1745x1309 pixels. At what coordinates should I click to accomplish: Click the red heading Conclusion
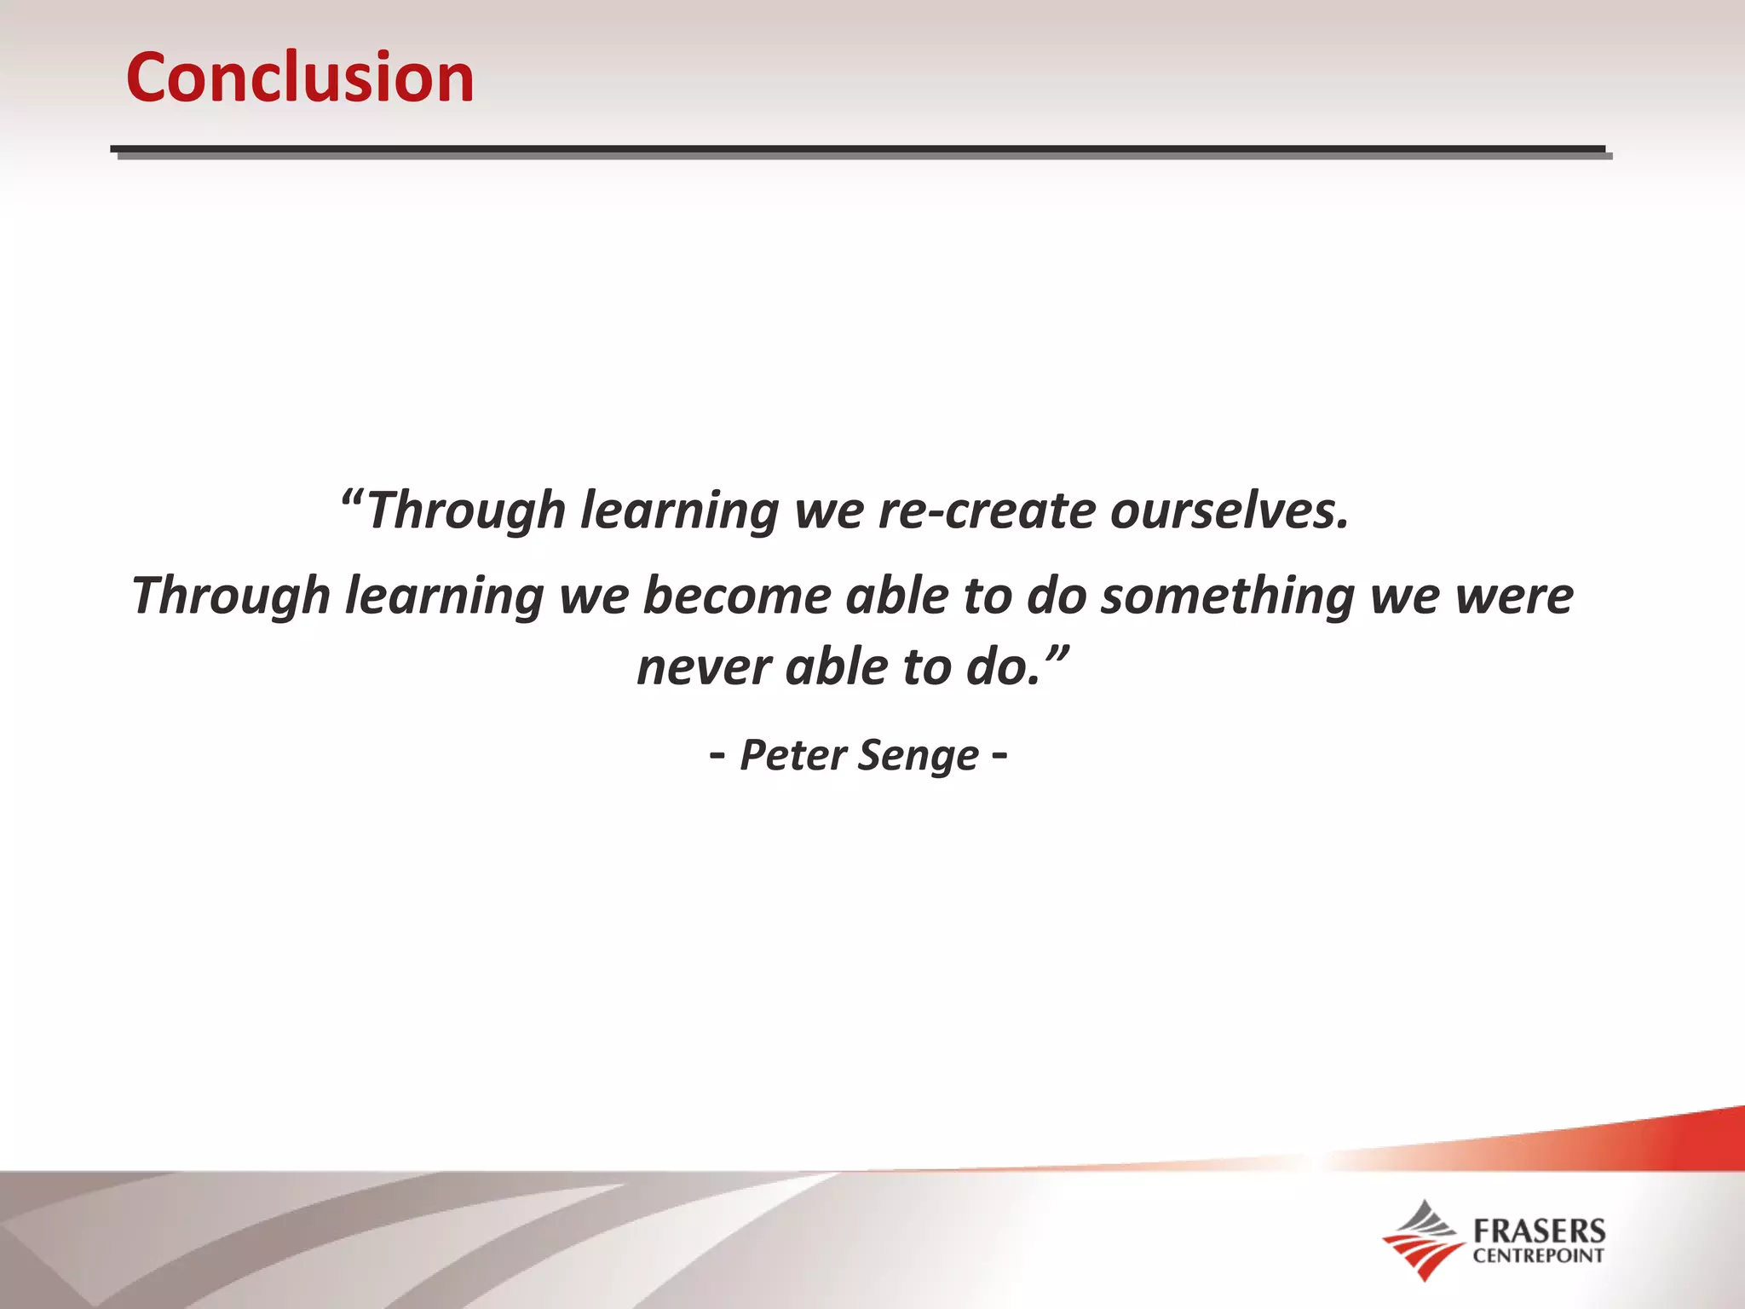pos(300,78)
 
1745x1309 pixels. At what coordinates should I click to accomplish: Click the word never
pos(703,666)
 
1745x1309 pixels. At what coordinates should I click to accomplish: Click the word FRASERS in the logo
pos(1539,1231)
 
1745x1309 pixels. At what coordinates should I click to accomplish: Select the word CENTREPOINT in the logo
pos(1539,1255)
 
